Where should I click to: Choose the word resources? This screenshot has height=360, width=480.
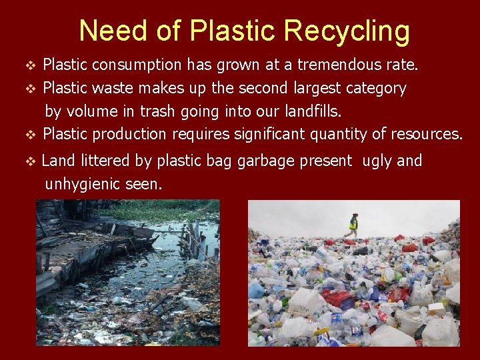pos(424,134)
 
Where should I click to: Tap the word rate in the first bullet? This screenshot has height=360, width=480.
pos(402,65)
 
